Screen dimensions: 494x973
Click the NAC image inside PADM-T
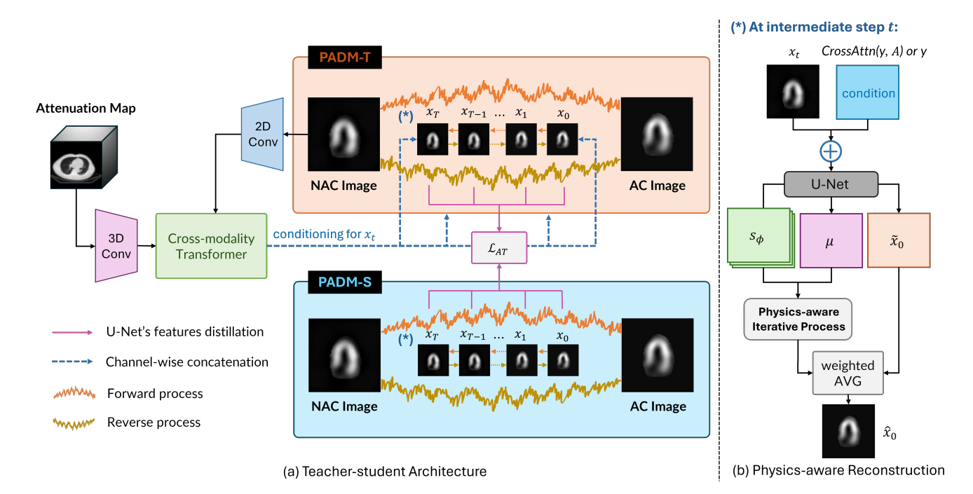click(343, 133)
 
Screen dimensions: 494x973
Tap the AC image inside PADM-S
click(657, 355)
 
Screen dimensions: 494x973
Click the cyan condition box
click(868, 93)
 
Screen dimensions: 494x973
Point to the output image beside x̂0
click(848, 430)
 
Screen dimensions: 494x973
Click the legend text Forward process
click(155, 394)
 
